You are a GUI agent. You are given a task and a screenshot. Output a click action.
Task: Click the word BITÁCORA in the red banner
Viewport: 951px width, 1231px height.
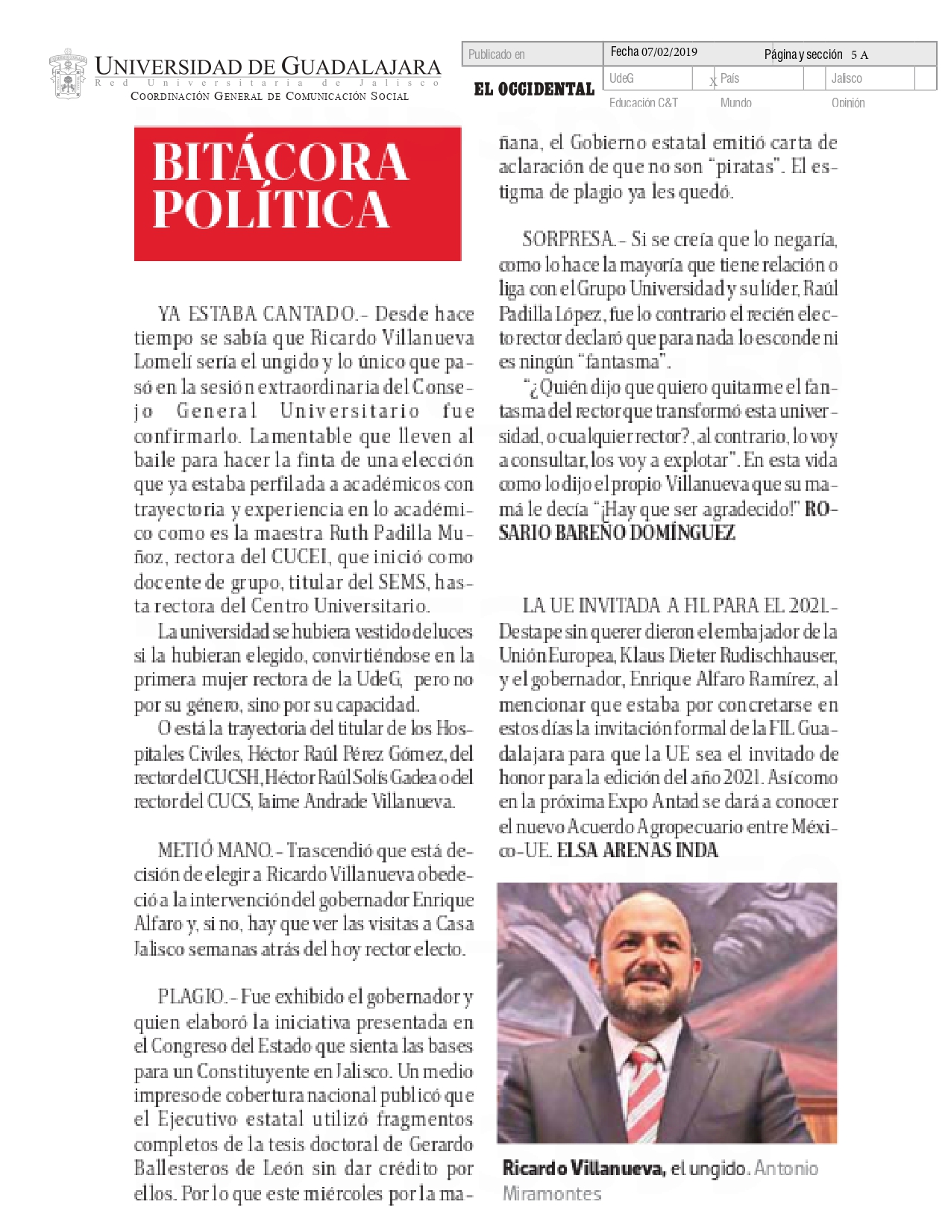(280, 162)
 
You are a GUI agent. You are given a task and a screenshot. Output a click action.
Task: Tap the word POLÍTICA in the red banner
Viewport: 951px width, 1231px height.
(272, 210)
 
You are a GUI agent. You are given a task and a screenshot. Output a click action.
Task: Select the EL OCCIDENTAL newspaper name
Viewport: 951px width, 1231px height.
(534, 90)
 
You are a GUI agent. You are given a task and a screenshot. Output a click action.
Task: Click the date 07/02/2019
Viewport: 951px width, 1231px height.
(669, 52)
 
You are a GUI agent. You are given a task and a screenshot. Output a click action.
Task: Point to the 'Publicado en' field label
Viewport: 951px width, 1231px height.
(496, 54)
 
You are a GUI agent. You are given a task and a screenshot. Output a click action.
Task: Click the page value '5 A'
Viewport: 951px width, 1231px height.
(859, 54)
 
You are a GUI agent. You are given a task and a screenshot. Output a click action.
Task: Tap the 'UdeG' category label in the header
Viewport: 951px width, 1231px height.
(621, 78)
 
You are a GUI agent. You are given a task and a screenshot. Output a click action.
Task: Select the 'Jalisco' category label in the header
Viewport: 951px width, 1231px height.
(847, 78)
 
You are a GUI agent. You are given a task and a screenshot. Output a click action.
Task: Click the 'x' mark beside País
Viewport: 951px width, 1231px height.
(713, 81)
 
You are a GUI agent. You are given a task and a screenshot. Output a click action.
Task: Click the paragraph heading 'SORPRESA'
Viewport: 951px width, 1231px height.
(568, 239)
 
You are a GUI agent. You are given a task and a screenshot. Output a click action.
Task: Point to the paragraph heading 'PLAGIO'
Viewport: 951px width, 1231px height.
(191, 997)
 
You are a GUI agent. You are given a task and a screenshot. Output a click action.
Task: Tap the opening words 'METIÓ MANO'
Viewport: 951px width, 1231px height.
(215, 851)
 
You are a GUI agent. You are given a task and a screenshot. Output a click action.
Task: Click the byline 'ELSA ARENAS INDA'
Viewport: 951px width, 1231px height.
(637, 851)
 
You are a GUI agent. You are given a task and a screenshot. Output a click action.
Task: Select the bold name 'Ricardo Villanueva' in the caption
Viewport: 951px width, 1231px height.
(583, 1168)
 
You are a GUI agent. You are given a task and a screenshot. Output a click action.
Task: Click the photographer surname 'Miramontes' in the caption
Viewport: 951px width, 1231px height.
(551, 1194)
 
